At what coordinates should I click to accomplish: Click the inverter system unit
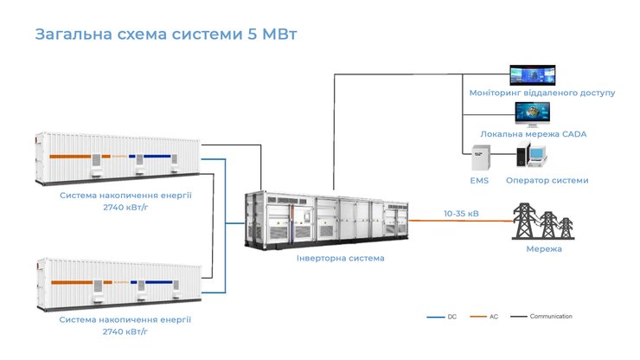click(327, 217)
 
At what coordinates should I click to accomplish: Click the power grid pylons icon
click(543, 221)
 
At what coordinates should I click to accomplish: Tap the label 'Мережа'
click(543, 249)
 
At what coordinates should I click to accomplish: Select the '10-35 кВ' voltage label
click(461, 213)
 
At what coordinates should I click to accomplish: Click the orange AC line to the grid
click(458, 222)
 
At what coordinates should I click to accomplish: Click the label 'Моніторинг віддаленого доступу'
click(542, 93)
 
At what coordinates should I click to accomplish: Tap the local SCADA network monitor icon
click(533, 115)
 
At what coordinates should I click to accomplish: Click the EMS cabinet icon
click(478, 157)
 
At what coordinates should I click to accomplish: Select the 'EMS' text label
click(479, 180)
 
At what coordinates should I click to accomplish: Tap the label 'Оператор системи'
click(547, 180)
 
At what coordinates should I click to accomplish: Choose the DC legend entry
click(442, 317)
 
